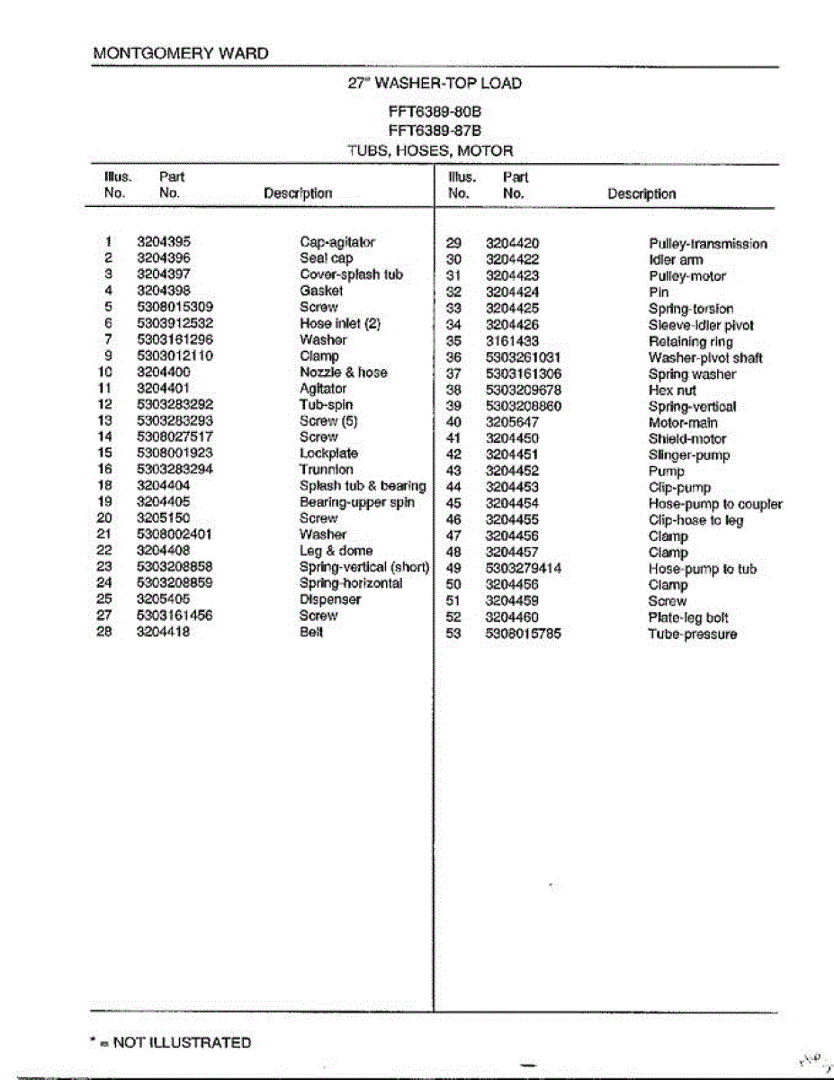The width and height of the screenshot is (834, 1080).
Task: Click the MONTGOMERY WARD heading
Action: (x=181, y=54)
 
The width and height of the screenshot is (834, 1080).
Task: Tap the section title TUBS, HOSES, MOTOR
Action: (x=430, y=151)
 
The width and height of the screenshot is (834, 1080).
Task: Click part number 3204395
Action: (x=164, y=242)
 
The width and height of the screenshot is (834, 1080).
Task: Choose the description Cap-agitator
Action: (x=336, y=242)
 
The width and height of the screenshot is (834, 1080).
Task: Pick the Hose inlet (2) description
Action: (x=340, y=323)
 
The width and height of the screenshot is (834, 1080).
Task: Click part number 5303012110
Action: (x=175, y=355)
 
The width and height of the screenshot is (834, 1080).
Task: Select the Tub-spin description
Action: (x=326, y=405)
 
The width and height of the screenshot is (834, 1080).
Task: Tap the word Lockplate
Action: (x=328, y=454)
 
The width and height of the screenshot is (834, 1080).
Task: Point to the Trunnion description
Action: (x=326, y=470)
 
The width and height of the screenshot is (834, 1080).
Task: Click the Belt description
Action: (x=310, y=632)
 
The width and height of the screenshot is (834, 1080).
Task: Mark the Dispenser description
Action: (x=330, y=599)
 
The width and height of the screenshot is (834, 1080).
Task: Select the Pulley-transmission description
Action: (x=708, y=244)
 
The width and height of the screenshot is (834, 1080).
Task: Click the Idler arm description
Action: (x=676, y=260)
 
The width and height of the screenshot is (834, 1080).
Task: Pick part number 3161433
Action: (x=512, y=341)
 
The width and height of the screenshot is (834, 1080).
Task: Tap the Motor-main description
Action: (x=683, y=423)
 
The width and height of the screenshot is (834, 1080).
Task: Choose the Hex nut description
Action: (x=672, y=391)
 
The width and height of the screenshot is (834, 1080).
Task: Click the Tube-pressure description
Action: (x=692, y=634)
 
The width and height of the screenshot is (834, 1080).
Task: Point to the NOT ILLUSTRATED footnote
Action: (x=172, y=1043)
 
